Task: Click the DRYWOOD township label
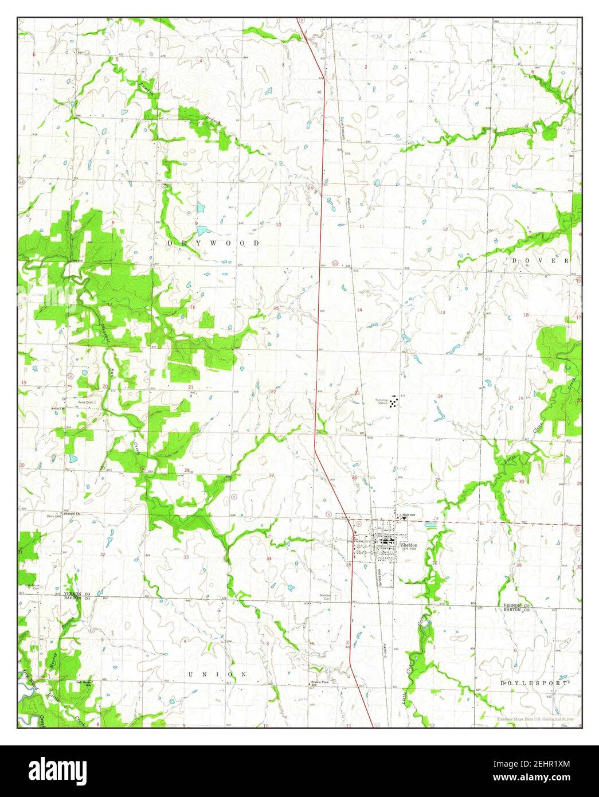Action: click(x=213, y=244)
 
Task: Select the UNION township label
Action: click(x=218, y=674)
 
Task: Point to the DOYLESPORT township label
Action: click(x=533, y=683)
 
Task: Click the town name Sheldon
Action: click(x=409, y=544)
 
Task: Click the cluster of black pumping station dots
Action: click(x=393, y=403)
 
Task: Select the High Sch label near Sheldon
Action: click(x=408, y=515)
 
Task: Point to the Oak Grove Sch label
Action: click(x=84, y=683)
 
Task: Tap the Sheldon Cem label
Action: click(x=325, y=597)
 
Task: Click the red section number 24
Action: click(x=440, y=397)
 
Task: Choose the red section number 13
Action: click(x=443, y=312)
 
